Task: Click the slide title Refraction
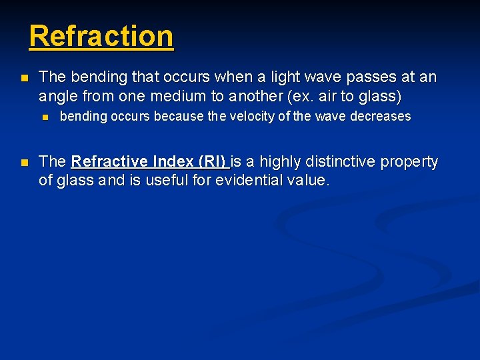tap(101, 36)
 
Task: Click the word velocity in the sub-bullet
tap(252, 117)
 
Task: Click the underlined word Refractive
tap(109, 161)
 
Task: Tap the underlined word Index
tap(173, 161)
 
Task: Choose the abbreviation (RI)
tap(212, 161)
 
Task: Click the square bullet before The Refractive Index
tap(24, 162)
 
